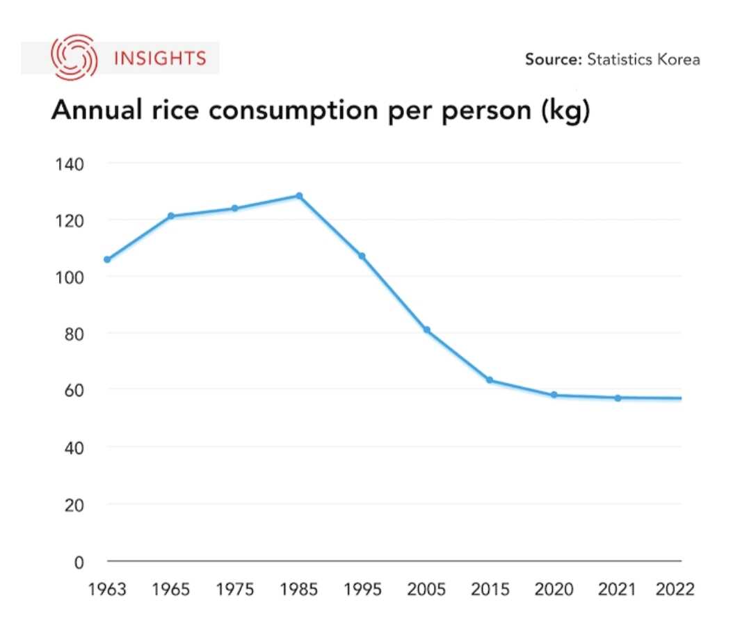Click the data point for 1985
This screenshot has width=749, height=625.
pos(299,196)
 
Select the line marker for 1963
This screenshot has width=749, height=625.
pos(107,259)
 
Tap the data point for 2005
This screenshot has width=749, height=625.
pos(426,330)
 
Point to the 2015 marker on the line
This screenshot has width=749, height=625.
pos(490,380)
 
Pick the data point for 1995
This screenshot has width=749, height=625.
pos(362,257)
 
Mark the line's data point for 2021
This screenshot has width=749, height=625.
pos(618,398)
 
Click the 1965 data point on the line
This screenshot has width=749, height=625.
pos(170,216)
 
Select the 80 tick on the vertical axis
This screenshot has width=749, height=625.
pos(73,334)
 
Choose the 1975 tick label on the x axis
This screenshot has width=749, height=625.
pos(235,590)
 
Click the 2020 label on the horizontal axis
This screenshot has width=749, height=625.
pos(554,590)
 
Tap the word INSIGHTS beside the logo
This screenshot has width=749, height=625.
pos(160,58)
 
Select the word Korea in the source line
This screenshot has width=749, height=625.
pos(677,59)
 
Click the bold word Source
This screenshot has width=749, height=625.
pos(552,59)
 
